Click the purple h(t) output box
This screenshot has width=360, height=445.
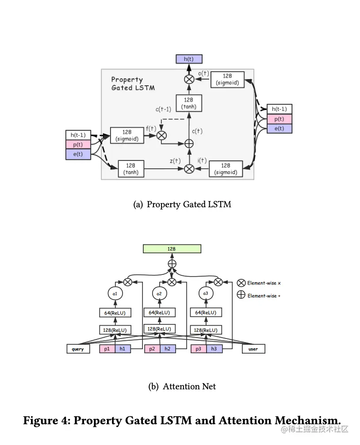(x=189, y=59)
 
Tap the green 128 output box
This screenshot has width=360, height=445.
(x=172, y=249)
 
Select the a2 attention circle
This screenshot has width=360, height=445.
(x=160, y=293)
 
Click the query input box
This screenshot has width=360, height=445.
(x=78, y=349)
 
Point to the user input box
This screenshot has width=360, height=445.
(x=253, y=349)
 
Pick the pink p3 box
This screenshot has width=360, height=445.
(x=199, y=349)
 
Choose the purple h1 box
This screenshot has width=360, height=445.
(x=123, y=349)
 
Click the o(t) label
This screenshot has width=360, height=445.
(x=203, y=73)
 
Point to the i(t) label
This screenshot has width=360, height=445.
(x=202, y=160)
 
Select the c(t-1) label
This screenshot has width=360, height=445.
(x=163, y=109)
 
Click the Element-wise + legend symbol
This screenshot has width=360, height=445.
(x=241, y=295)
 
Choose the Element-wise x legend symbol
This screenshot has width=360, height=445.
(x=241, y=283)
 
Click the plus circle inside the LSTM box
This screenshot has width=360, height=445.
(x=189, y=143)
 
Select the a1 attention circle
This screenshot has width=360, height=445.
(x=115, y=293)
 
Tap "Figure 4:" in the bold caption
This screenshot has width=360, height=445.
(x=46, y=420)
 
